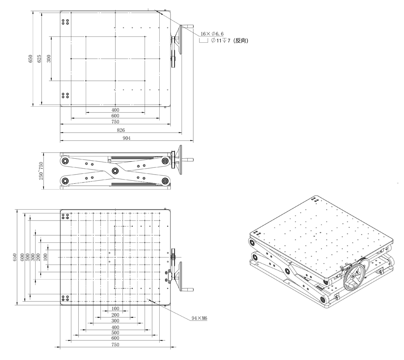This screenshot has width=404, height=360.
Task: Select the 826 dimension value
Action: click(x=121, y=130)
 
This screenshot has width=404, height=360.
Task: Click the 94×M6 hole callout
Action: click(x=199, y=318)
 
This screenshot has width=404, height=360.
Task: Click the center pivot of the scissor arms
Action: click(x=115, y=171)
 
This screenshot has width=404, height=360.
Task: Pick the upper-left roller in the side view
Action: click(x=65, y=161)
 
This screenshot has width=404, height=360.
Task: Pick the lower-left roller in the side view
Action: click(x=65, y=181)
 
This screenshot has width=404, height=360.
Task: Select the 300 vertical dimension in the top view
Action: click(x=49, y=58)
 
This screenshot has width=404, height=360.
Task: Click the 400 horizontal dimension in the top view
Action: click(x=115, y=110)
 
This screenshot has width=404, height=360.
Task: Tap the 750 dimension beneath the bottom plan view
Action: click(x=115, y=345)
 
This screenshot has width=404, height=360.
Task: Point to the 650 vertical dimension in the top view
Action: click(x=31, y=59)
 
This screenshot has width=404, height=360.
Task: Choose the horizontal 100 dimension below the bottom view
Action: click(x=115, y=309)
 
